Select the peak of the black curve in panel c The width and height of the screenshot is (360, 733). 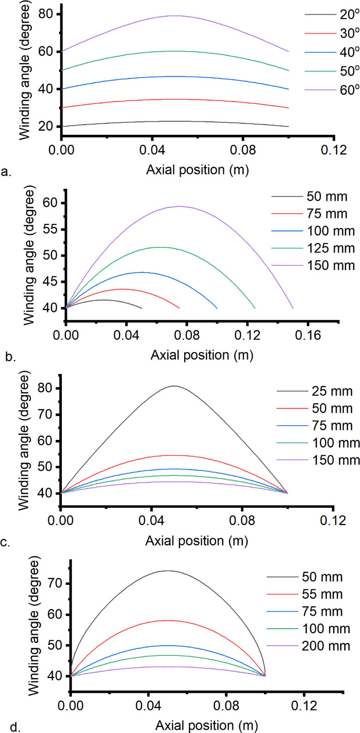[x=174, y=386]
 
